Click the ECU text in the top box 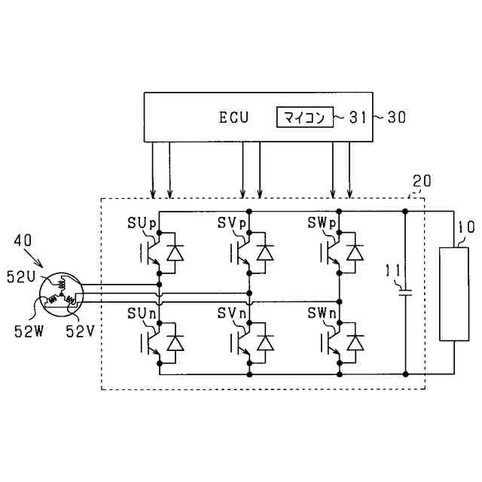[234, 117]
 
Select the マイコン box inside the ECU [305, 117]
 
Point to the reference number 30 [397, 117]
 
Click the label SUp [142, 223]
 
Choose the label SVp [233, 223]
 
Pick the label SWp [323, 223]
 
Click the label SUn [142, 312]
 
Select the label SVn [233, 312]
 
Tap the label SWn [323, 312]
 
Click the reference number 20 [423, 182]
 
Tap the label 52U [22, 276]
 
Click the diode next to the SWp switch [355, 253]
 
